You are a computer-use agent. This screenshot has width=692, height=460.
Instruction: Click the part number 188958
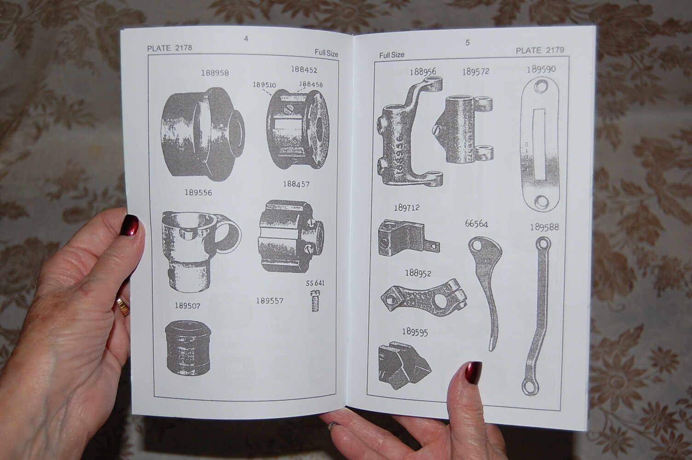pos(214,73)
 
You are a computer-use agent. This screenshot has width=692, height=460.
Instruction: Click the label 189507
pos(188,305)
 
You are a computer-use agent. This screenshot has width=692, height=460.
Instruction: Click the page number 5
pos(467,43)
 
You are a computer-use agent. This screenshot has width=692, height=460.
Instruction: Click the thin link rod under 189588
pos(536,313)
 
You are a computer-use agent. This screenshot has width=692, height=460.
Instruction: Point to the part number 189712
pos(406,208)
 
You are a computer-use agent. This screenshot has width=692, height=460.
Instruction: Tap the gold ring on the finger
pos(123,306)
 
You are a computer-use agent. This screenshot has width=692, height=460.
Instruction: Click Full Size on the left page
pos(326,53)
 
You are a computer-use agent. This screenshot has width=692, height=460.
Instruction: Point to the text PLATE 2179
pos(540,51)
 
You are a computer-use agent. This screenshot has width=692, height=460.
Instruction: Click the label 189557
pos(270,301)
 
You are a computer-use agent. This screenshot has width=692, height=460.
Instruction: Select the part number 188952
pos(418,273)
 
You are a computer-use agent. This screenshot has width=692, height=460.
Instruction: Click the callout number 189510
pos(264,85)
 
